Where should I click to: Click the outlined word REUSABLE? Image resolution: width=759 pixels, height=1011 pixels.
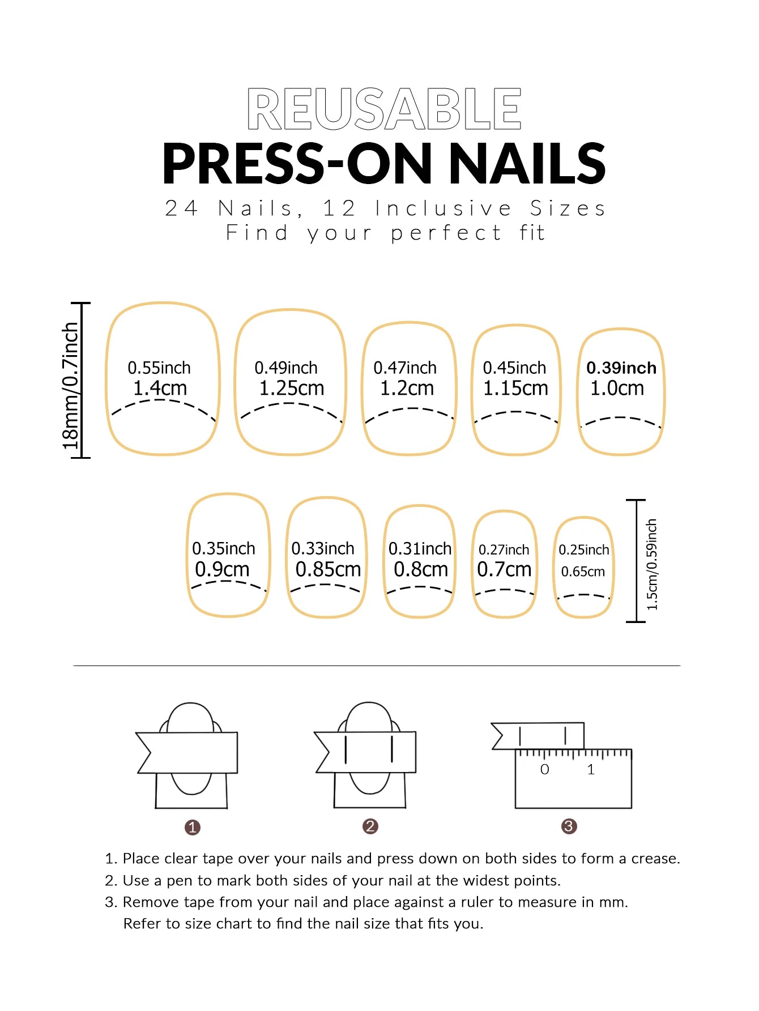(x=384, y=109)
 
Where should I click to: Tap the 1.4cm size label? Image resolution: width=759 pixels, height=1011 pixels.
(x=160, y=389)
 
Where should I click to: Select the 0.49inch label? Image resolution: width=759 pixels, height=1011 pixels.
(x=286, y=368)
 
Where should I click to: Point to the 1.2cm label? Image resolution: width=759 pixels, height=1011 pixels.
(x=407, y=389)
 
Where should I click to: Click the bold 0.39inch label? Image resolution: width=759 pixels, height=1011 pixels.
(x=621, y=368)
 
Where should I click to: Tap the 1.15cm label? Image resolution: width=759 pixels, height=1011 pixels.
(x=515, y=389)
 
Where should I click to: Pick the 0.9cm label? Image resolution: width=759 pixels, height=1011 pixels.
(x=222, y=569)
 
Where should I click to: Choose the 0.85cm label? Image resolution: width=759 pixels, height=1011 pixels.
(x=328, y=569)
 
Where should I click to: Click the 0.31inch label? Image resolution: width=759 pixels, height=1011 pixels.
(x=420, y=549)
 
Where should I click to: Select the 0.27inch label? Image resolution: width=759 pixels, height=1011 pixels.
(x=504, y=550)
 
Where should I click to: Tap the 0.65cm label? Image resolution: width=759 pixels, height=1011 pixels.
(x=583, y=571)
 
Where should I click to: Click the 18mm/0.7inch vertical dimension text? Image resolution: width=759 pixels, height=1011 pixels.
(x=70, y=385)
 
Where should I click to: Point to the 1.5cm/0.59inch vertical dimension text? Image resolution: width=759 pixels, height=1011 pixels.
(x=652, y=564)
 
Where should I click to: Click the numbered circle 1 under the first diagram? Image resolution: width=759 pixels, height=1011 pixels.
(x=193, y=827)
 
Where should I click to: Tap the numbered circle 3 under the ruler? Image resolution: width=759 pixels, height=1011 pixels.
(x=569, y=826)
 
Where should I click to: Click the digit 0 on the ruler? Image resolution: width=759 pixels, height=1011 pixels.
(x=544, y=770)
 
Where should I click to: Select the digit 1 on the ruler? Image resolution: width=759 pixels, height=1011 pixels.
(x=591, y=770)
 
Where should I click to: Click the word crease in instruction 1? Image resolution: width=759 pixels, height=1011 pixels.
(x=655, y=859)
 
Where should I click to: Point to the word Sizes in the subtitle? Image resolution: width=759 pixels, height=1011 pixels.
(x=568, y=208)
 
